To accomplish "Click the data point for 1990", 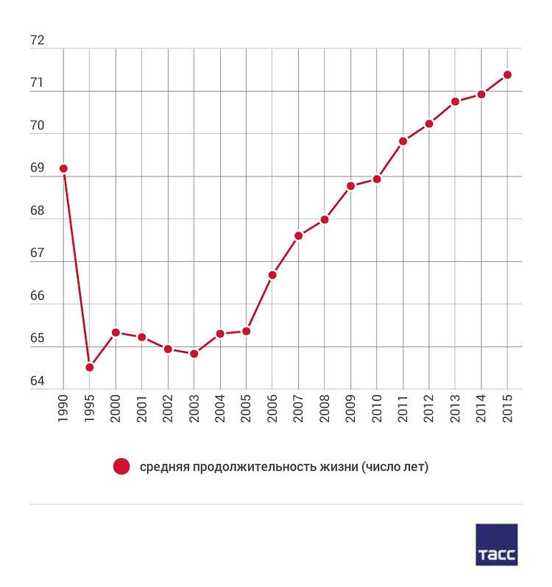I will (x=63, y=168).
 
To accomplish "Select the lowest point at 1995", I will (x=90, y=367).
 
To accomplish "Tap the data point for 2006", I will (x=272, y=275).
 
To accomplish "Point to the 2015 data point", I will (x=507, y=74).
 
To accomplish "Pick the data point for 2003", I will (x=194, y=354).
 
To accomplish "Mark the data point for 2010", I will (x=377, y=179).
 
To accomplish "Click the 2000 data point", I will (x=116, y=332).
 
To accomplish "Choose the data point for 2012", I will (x=429, y=124).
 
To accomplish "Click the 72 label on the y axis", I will (x=37, y=41).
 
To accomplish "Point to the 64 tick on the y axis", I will (x=37, y=382).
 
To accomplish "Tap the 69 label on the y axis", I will (x=37, y=168).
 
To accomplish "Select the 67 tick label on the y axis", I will (x=37, y=254).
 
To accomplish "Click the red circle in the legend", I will (x=121, y=466).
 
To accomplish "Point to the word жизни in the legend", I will (x=335, y=466).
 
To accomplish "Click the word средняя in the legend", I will (x=163, y=466).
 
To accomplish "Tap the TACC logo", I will (x=496, y=545).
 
